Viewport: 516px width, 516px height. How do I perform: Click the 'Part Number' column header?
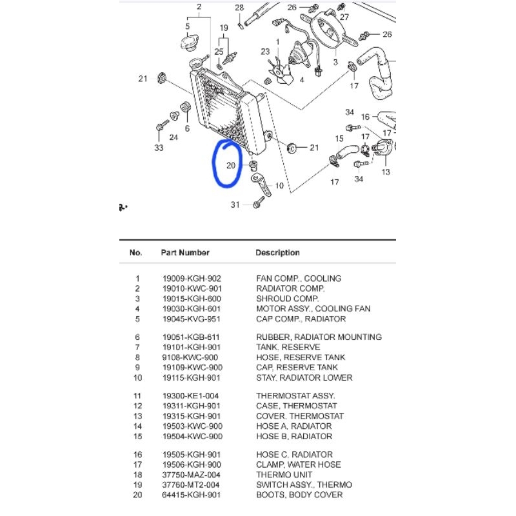click(x=185, y=253)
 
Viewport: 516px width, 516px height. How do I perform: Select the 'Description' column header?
click(x=277, y=253)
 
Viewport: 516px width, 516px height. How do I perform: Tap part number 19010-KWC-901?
click(x=192, y=289)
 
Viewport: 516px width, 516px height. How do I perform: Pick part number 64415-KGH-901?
click(x=192, y=495)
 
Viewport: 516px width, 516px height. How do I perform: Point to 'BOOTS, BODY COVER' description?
click(x=299, y=495)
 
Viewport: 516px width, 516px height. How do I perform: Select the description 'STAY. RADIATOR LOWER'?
click(x=304, y=377)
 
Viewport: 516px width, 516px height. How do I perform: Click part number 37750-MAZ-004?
click(x=192, y=475)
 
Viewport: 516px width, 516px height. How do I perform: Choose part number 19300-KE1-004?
click(x=192, y=395)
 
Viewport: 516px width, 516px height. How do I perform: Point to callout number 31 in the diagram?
click(x=235, y=205)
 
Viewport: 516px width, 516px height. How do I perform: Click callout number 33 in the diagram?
click(x=159, y=148)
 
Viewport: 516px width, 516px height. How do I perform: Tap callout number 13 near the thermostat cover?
click(x=386, y=172)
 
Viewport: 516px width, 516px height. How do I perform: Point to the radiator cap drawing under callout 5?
click(x=188, y=44)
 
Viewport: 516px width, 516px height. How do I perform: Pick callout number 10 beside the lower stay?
click(x=279, y=186)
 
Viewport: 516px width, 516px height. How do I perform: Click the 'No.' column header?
click(x=135, y=253)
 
